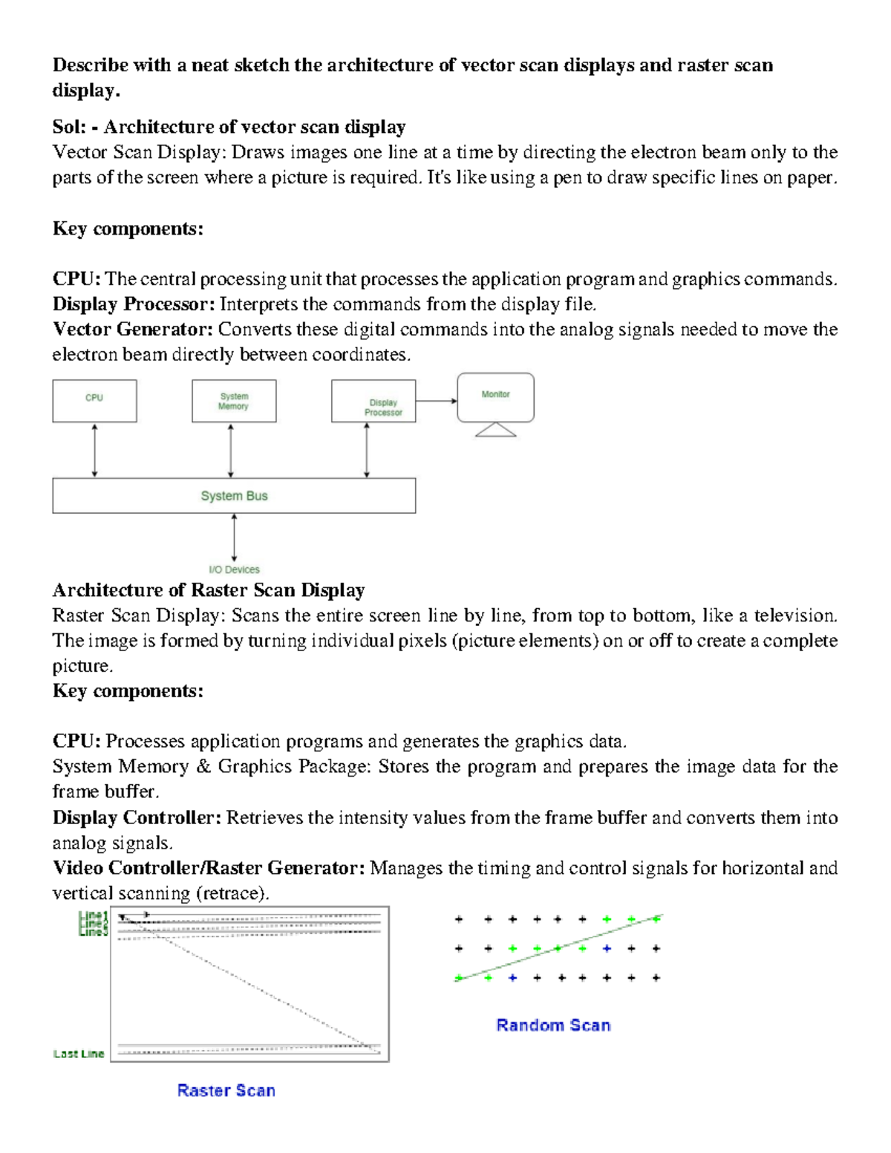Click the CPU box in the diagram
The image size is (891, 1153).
tap(94, 401)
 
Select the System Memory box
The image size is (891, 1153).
tap(234, 401)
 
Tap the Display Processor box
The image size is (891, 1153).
tap(373, 402)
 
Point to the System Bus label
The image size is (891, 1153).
tap(234, 496)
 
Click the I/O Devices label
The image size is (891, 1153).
tap(234, 569)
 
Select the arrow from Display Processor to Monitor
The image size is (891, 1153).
tap(436, 401)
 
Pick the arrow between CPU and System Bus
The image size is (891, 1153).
tap(94, 450)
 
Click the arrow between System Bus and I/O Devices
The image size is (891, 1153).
tap(234, 538)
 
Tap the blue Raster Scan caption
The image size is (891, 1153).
tap(226, 1090)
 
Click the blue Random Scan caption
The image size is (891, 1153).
tap(553, 1025)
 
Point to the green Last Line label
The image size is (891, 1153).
tap(79, 1054)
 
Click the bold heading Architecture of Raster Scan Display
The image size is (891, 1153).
tap(208, 590)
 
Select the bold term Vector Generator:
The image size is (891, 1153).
tap(133, 329)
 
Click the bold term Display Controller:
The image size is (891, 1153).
tap(137, 817)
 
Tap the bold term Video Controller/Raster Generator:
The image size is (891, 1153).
tap(208, 868)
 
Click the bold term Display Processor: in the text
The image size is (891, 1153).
tap(134, 304)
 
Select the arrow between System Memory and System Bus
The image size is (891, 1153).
tap(231, 450)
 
